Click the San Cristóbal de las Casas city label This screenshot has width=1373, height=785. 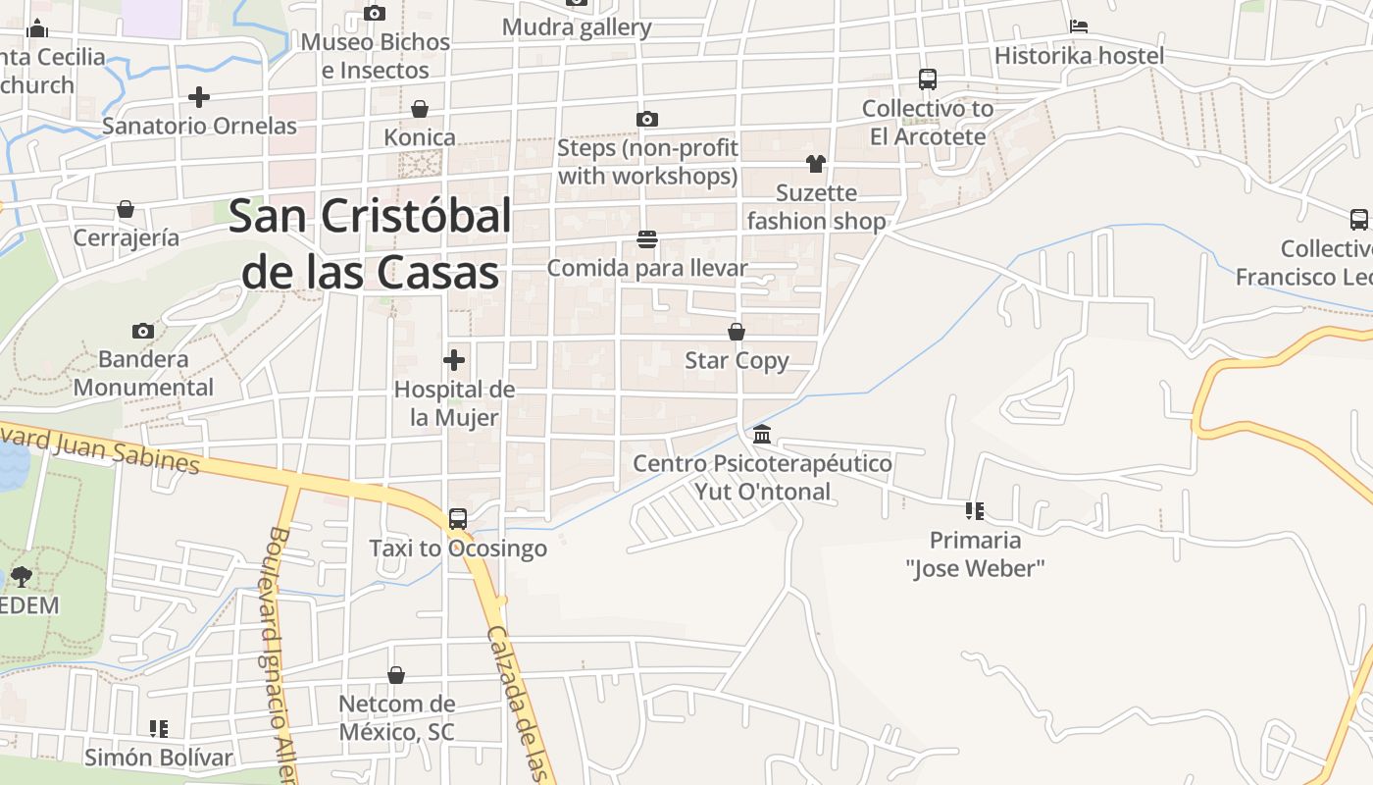pos(370,243)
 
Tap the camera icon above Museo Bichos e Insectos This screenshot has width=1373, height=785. pos(375,13)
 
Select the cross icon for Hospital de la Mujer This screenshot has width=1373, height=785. pos(454,359)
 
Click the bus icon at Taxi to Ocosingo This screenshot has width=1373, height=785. pos(458,518)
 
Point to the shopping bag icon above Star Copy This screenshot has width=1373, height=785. pos(737,332)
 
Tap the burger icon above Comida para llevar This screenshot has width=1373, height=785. pos(646,238)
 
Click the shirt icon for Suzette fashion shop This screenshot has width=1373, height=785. pos(816,163)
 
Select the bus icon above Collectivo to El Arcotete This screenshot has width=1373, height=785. pos(928,79)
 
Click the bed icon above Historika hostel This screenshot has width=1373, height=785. pos(1079,26)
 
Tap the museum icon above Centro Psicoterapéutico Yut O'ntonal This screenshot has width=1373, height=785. pos(762,434)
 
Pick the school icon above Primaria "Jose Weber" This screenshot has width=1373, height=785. pos(974,510)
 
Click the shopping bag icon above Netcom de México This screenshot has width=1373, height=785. pos(396,675)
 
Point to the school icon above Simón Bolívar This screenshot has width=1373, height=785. pos(158,728)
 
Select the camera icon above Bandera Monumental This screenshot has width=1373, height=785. pos(143,331)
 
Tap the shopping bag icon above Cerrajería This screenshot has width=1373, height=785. pos(126,209)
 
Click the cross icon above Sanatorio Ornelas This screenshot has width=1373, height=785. pos(199,97)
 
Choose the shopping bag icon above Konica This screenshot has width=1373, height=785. pos(420,108)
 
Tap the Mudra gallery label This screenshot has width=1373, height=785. pos(577,27)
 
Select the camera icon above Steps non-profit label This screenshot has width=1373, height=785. pos(647,119)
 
